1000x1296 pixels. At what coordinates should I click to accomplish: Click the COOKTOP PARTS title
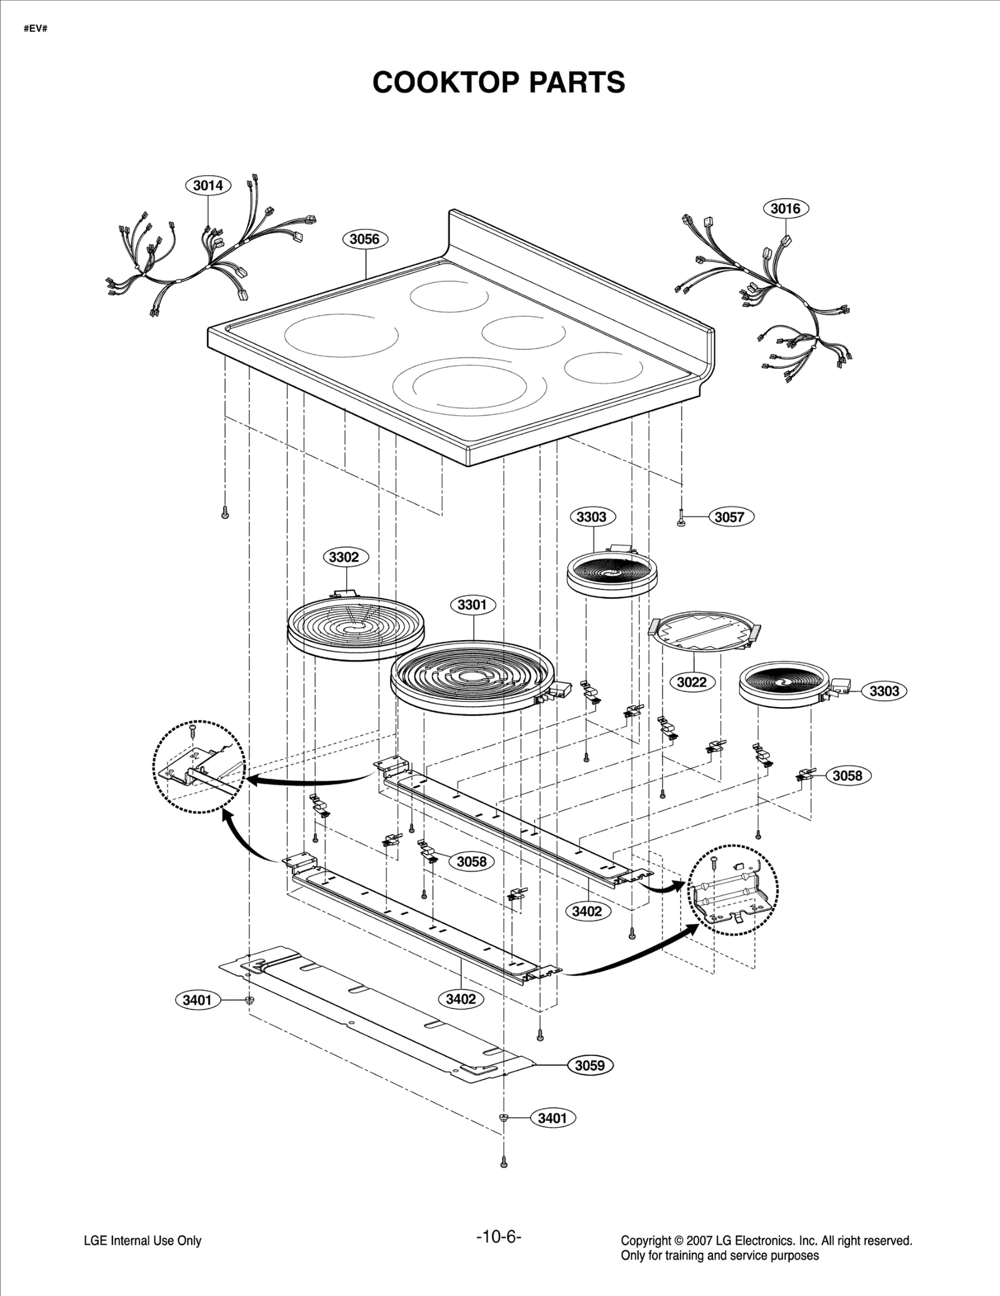[498, 82]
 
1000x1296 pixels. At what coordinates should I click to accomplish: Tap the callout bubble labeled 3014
[208, 185]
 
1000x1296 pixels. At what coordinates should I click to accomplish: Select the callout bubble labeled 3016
[785, 208]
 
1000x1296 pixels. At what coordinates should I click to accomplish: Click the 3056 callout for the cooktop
[364, 239]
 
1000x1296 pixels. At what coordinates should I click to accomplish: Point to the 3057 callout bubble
[729, 517]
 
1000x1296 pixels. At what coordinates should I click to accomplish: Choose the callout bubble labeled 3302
[344, 557]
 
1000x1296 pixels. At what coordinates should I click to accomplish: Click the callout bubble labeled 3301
[472, 605]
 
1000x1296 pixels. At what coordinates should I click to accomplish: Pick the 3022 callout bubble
[691, 682]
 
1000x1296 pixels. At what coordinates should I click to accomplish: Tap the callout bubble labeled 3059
[589, 1065]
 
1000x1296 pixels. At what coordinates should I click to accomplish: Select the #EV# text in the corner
[36, 29]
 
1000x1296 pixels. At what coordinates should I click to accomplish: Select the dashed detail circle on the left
[199, 767]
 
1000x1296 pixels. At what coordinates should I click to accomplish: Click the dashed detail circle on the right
[733, 890]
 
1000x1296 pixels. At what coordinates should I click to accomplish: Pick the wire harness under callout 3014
[206, 256]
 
